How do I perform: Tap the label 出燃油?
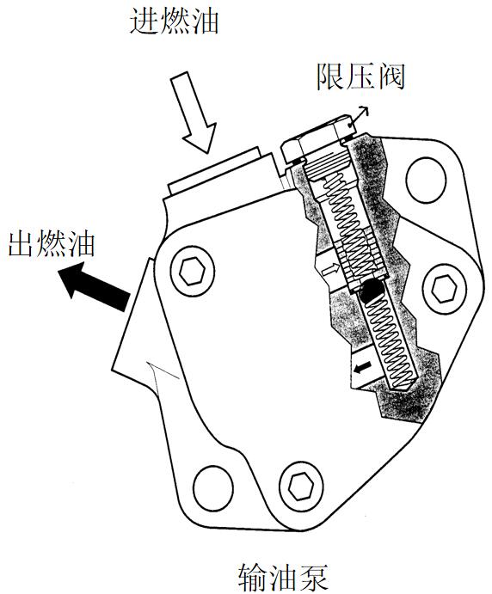click(52, 244)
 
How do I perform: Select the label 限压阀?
click(360, 77)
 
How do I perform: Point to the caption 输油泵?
click(283, 578)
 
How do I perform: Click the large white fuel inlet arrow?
click(195, 111)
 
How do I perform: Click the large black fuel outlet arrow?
click(95, 285)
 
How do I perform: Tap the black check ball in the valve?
click(372, 291)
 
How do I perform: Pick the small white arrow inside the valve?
click(330, 270)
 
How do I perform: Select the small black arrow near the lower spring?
click(363, 366)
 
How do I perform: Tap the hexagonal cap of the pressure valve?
click(317, 141)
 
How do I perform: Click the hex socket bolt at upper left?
click(192, 271)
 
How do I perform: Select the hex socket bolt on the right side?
click(444, 289)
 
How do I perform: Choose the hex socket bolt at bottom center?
click(301, 486)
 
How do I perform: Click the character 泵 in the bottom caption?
click(313, 578)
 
